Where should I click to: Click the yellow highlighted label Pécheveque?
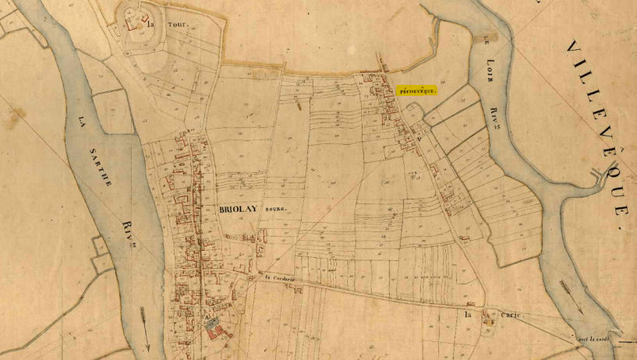coord(416,90)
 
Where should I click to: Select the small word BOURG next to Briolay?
coord(276,211)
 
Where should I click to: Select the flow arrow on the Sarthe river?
coord(145,320)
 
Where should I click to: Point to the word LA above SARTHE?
coord(82,122)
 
